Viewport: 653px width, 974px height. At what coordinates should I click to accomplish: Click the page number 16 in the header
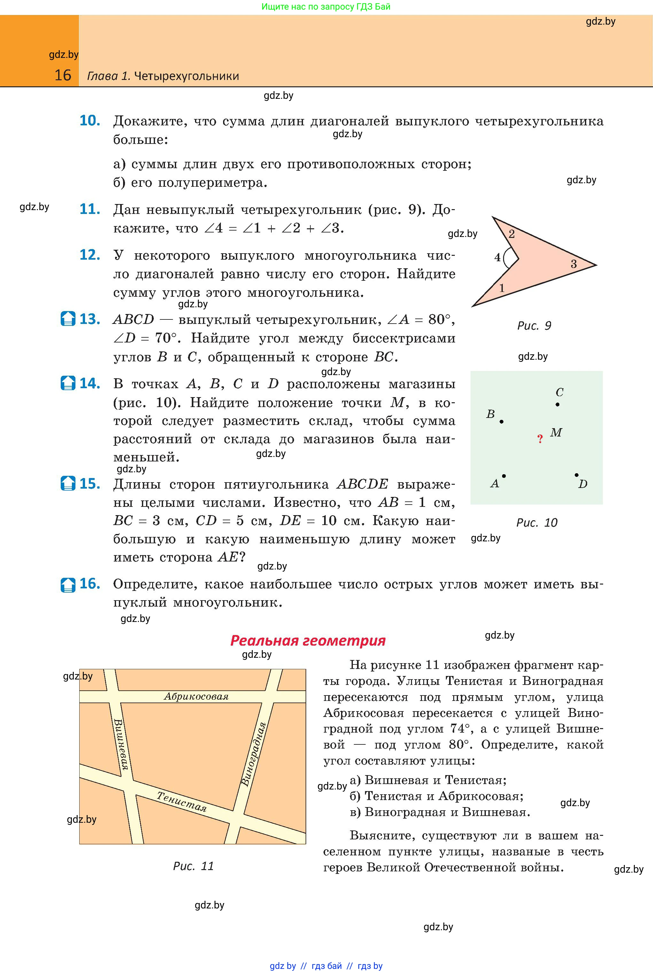[x=63, y=75]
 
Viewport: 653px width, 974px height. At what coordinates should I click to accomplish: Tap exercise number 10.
[x=90, y=121]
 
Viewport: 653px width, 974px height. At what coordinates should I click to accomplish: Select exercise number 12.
[x=90, y=255]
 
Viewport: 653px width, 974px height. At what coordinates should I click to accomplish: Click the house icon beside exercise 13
[x=68, y=319]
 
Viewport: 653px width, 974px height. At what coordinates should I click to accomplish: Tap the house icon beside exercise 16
[x=68, y=585]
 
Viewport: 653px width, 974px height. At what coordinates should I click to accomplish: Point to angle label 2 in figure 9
[x=512, y=234]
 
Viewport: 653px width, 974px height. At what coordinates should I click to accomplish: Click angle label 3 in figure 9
[x=573, y=264]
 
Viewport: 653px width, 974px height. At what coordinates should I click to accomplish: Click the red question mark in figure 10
[x=540, y=439]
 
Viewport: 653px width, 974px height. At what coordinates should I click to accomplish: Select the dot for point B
[x=501, y=421]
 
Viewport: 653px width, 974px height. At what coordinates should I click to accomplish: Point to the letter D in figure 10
[x=583, y=484]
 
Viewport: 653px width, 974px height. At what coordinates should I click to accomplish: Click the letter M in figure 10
[x=556, y=432]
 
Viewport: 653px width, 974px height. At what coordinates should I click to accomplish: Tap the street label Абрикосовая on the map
[x=196, y=696]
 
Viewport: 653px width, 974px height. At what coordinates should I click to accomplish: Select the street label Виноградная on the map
[x=253, y=754]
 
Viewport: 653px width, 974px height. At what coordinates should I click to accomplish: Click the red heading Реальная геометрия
[x=308, y=640]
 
